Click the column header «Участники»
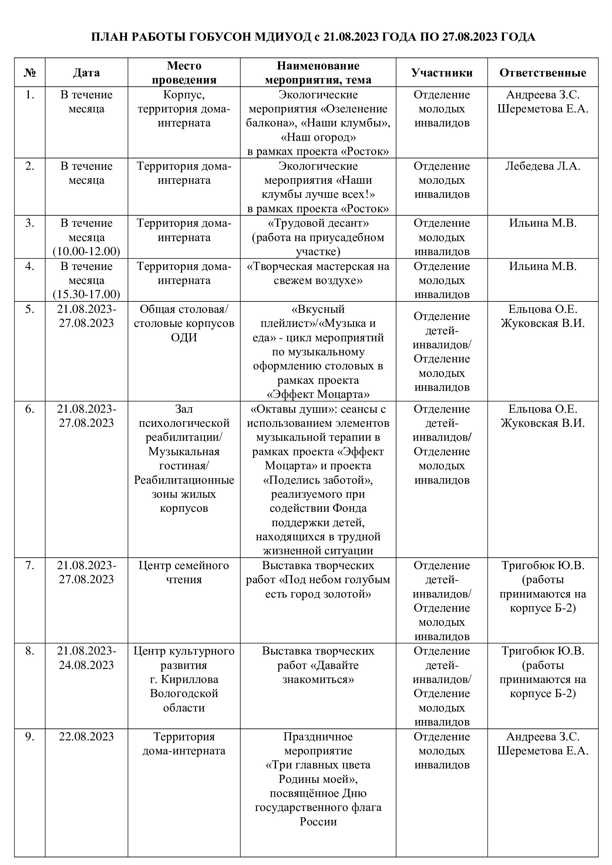point(442,73)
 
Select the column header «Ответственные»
point(543,73)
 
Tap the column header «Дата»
point(86,73)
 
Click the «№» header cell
point(30,73)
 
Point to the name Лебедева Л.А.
point(543,166)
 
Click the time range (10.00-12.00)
point(86,251)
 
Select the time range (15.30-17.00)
point(86,294)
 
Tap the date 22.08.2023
point(86,736)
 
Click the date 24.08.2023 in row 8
point(86,665)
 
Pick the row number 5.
point(30,309)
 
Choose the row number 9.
point(30,736)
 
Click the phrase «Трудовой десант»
point(318,223)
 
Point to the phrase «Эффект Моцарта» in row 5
point(318,395)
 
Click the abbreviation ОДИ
point(184,338)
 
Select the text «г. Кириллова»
point(184,679)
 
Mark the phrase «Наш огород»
point(318,137)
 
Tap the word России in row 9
point(318,822)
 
